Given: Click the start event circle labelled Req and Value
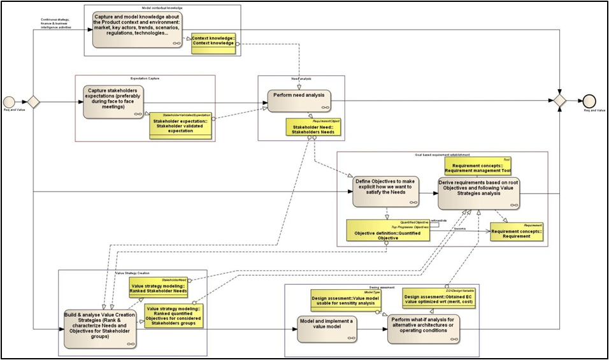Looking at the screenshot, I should (x=9, y=101).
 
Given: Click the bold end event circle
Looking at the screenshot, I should (x=589, y=101).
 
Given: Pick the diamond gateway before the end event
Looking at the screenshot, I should (x=560, y=101).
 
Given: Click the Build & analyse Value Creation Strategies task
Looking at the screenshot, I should (x=100, y=328).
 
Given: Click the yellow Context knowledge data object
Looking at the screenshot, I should (x=213, y=43).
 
